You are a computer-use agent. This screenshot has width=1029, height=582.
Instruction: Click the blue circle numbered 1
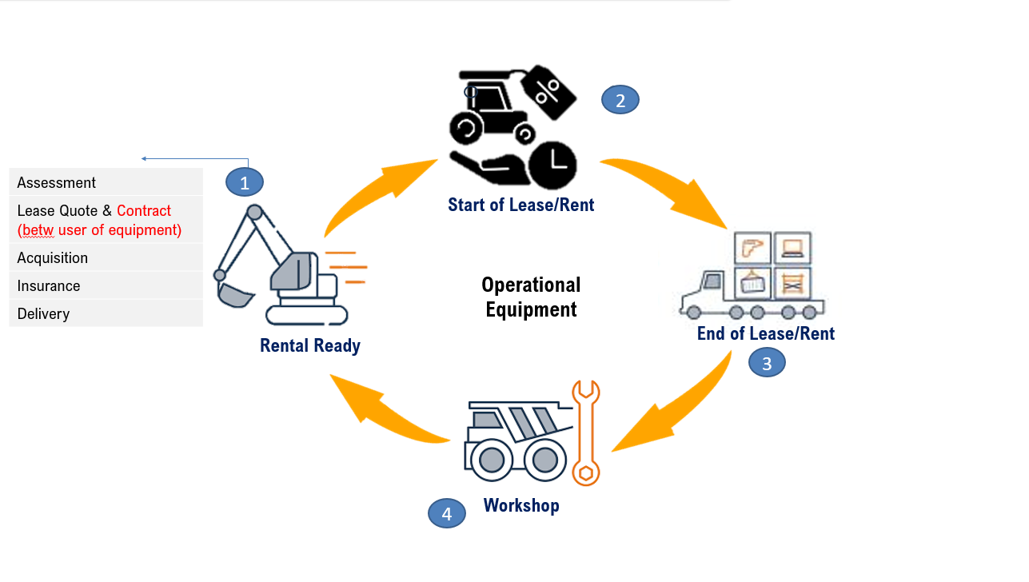(x=245, y=182)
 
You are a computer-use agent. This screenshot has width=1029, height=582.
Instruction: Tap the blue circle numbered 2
(x=620, y=100)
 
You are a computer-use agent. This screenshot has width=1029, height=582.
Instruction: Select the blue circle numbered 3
(x=767, y=364)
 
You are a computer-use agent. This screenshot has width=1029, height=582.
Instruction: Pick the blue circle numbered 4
(x=447, y=514)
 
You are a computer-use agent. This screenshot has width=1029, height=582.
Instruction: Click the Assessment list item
(x=56, y=182)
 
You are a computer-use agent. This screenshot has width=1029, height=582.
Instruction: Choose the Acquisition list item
(x=53, y=257)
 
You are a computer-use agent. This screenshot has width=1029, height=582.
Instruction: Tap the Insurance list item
(x=49, y=285)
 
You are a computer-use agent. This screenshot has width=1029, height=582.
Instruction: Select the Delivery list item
(x=43, y=313)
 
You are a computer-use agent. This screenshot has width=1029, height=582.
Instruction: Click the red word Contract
(x=144, y=210)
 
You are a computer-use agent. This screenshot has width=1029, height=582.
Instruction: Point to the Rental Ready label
(x=310, y=345)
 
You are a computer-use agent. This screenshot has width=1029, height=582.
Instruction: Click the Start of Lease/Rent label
(x=520, y=205)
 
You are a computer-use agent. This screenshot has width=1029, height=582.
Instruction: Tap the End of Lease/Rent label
(x=765, y=333)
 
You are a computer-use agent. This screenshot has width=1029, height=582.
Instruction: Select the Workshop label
(x=521, y=505)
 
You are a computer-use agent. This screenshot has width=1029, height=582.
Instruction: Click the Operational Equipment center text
(x=531, y=297)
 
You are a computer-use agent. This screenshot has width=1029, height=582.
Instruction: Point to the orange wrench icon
(x=586, y=433)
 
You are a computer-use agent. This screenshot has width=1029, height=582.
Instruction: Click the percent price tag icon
(x=548, y=90)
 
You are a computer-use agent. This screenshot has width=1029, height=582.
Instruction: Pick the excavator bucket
(x=234, y=294)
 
